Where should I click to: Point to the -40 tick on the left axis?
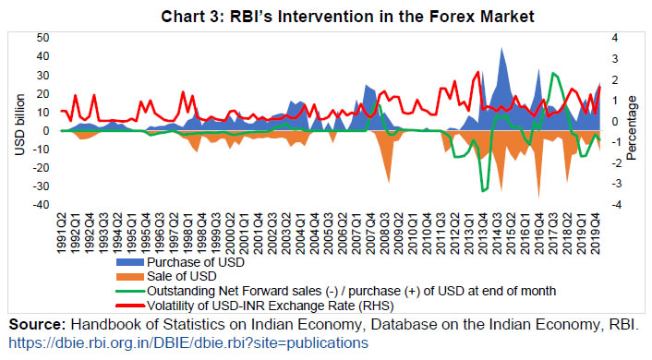[41, 205]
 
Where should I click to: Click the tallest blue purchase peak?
[502, 49]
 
